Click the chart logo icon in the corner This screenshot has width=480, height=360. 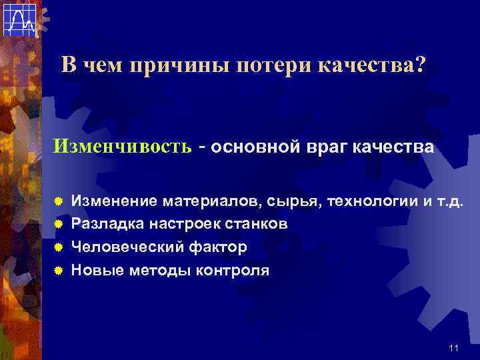(x=19, y=19)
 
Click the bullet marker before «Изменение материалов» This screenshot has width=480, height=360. (x=59, y=201)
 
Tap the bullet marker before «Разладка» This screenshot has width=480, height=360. (x=59, y=224)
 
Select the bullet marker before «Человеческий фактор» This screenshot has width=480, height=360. (x=59, y=247)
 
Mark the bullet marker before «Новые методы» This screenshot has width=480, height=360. (x=59, y=271)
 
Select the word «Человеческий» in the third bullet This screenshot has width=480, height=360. (x=126, y=247)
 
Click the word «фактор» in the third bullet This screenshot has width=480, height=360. (x=216, y=247)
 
